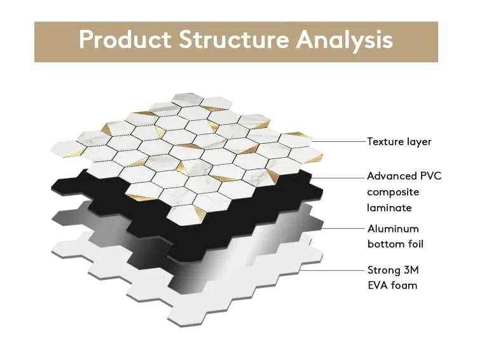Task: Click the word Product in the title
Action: click(125, 39)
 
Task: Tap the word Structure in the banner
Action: click(233, 39)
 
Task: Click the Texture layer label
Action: click(399, 142)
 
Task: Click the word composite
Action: click(393, 192)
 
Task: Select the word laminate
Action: click(389, 208)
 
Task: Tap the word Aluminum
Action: click(393, 229)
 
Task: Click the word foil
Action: click(415, 244)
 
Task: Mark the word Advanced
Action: click(392, 176)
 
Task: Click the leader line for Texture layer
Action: click(338, 141)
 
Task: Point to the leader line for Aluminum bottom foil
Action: click(343, 228)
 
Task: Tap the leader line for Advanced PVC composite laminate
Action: click(338, 178)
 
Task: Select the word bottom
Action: click(386, 244)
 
